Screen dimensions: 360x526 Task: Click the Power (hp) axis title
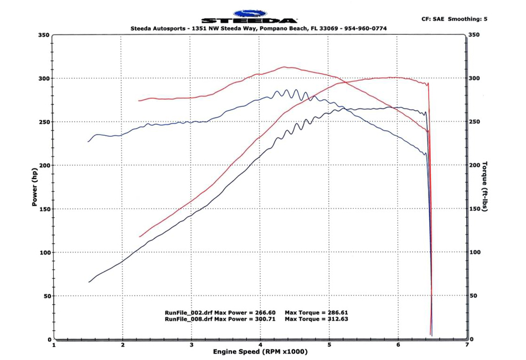[x=34, y=188]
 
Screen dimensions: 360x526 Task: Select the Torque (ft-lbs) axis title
[x=484, y=188]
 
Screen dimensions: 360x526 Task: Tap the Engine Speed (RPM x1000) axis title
[x=260, y=352]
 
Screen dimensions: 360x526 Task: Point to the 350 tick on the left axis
[x=44, y=35]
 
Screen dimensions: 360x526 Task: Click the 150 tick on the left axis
[x=44, y=209]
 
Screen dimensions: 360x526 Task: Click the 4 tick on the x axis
[x=260, y=344]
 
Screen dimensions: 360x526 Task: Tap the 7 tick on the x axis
[x=467, y=344]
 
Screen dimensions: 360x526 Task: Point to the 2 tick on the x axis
[x=122, y=344]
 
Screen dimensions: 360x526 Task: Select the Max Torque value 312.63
[x=336, y=320]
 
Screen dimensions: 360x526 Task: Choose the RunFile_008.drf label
[x=188, y=320]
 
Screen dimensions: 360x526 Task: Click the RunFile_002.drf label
[x=188, y=313]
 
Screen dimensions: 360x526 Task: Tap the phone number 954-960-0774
[x=362, y=28]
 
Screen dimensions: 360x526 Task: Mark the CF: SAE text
[x=434, y=19]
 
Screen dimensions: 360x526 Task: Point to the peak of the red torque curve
[x=284, y=67]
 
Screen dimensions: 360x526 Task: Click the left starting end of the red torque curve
[x=139, y=101]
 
